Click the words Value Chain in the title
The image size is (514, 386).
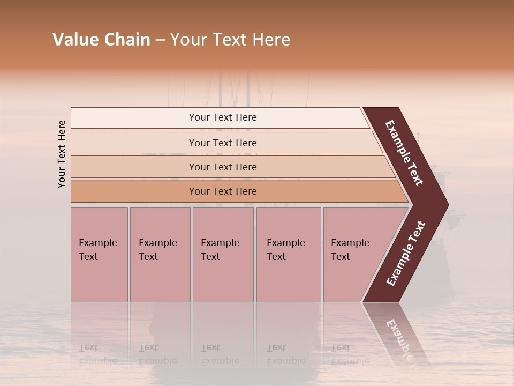[x=101, y=40]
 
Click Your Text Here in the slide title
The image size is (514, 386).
[x=230, y=40]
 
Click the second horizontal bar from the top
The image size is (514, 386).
[x=222, y=143]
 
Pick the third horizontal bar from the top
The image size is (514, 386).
[x=222, y=167]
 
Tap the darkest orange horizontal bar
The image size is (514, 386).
[x=222, y=191]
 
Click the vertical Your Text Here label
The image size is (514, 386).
[x=62, y=154]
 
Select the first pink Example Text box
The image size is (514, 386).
[x=99, y=255]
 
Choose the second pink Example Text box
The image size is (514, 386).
[x=159, y=255]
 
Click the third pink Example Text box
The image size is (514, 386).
[x=222, y=255]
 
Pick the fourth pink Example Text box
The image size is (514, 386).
[x=288, y=255]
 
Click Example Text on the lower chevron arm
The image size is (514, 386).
[x=405, y=254]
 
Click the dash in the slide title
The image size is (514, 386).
[x=160, y=40]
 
